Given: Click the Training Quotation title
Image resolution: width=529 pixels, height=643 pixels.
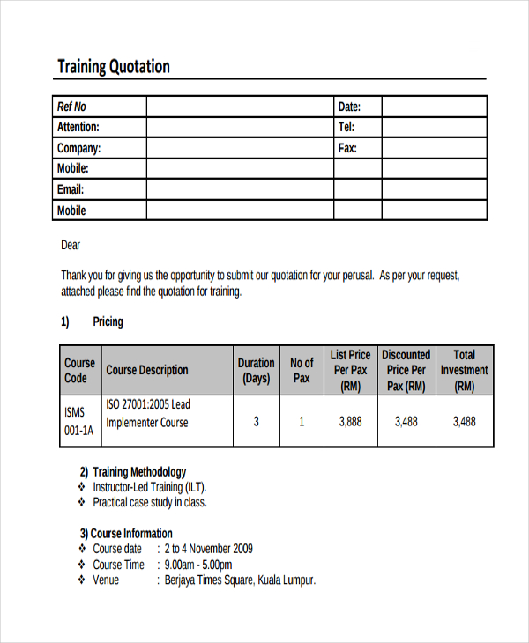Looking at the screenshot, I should click(x=114, y=67).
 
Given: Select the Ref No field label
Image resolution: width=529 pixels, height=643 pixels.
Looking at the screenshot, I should click(x=71, y=107).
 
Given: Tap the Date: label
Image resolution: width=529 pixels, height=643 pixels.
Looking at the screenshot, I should click(x=349, y=107).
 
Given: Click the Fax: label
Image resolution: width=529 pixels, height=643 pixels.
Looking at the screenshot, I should click(x=347, y=148).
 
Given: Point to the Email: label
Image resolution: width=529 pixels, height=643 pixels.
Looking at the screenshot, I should click(x=71, y=189).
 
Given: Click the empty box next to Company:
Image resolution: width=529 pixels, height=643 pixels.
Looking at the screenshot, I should click(x=239, y=148).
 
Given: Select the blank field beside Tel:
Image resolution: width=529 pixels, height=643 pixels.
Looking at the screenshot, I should click(x=434, y=128).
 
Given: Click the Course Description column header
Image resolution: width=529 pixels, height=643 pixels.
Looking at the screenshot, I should click(x=147, y=370).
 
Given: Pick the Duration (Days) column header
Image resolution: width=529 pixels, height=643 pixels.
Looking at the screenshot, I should click(x=256, y=370).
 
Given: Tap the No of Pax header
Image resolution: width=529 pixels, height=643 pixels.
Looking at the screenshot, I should click(x=302, y=370).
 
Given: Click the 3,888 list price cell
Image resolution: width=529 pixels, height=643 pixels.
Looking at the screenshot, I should click(x=350, y=422).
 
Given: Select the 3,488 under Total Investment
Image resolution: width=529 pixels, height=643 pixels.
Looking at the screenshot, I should click(x=464, y=422).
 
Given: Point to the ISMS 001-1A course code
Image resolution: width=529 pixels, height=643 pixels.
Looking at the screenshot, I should click(x=77, y=422).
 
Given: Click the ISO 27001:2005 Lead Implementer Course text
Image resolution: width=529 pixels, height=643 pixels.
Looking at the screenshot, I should click(x=148, y=413).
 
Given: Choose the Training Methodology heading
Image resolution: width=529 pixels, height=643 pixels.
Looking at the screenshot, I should click(x=133, y=471).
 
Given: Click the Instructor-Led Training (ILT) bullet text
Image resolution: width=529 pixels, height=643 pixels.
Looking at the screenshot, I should click(x=151, y=487).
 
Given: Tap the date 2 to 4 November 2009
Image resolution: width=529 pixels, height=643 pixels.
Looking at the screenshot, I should click(x=209, y=549).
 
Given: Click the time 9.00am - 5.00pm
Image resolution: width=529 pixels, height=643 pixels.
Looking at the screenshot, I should click(x=198, y=565).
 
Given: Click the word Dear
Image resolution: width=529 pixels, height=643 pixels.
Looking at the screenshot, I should click(x=71, y=245).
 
